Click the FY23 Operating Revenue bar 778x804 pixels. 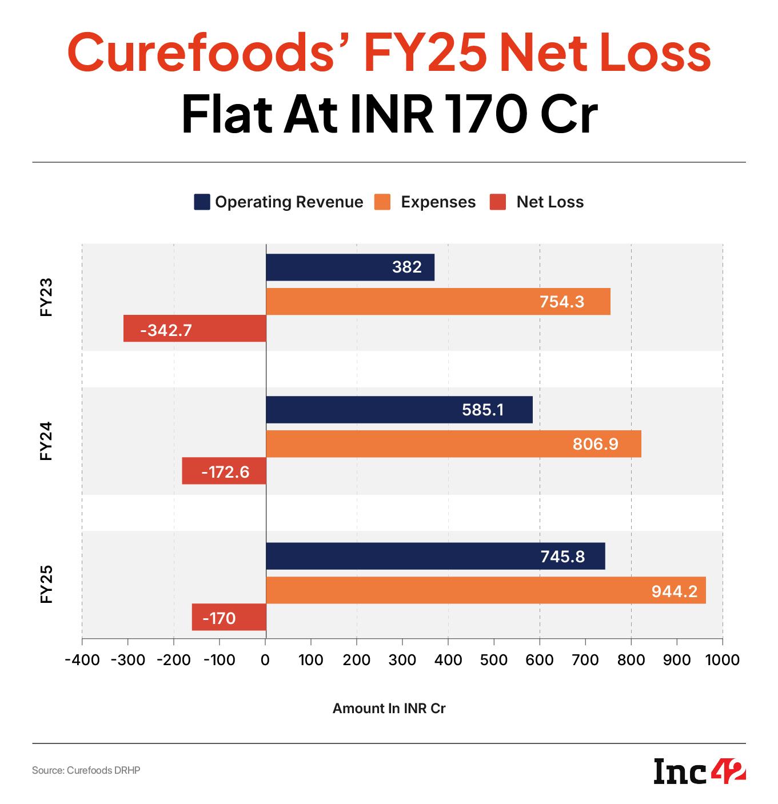[350, 267]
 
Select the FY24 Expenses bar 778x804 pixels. [453, 444]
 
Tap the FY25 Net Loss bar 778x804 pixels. [229, 617]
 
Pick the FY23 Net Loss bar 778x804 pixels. [194, 329]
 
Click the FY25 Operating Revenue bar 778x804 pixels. [435, 556]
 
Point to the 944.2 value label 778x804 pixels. [674, 591]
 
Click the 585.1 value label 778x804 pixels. [483, 410]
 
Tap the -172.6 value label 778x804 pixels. [225, 472]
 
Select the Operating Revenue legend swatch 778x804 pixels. [202, 202]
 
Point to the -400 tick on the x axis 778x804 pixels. [82, 660]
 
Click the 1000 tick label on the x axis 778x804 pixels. [723, 660]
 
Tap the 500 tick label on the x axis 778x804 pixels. [494, 660]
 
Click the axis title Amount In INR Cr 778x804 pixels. [389, 709]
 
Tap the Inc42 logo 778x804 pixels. [700, 771]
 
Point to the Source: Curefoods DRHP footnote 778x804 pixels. [86, 771]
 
